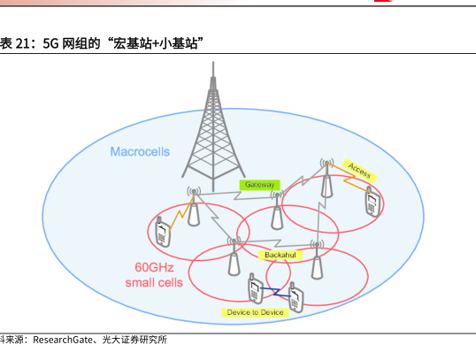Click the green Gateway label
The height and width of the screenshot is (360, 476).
(259, 185)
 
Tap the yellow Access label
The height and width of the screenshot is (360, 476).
(360, 171)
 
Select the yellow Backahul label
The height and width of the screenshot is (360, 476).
(280, 255)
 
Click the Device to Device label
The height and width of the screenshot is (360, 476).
(255, 312)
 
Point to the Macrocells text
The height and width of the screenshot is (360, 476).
(140, 152)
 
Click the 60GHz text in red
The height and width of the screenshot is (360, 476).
(154, 267)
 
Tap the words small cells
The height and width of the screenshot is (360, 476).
(154, 282)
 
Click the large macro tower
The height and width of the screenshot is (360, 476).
(213, 127)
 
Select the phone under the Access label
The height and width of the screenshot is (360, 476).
(372, 203)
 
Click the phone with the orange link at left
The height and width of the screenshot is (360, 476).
(163, 231)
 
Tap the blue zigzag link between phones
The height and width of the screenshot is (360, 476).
(276, 292)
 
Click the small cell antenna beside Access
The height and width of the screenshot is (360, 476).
(326, 178)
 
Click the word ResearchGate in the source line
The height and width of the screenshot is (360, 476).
(63, 340)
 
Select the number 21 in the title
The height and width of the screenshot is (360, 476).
(22, 43)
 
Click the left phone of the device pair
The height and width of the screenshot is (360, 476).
(256, 288)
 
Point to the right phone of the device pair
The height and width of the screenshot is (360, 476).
(296, 297)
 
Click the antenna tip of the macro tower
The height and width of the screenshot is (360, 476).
(213, 62)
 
